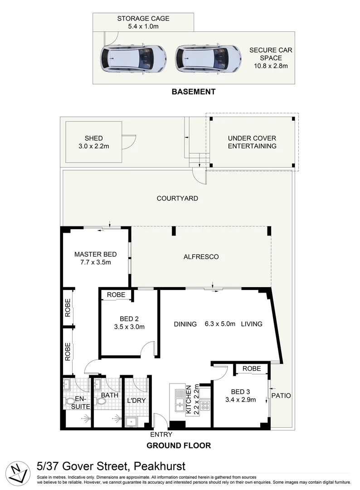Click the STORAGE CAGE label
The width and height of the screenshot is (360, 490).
[143, 19]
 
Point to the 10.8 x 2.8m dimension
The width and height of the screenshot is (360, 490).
[271, 66]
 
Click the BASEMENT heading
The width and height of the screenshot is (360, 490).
[193, 92]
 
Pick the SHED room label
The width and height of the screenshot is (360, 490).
[93, 138]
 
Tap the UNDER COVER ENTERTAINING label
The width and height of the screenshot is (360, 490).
[252, 142]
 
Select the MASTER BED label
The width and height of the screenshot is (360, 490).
[95, 254]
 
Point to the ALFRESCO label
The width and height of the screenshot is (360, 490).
[201, 257]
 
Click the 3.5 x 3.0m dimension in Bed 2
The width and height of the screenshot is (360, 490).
[129, 327]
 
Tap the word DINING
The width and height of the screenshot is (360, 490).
[185, 324]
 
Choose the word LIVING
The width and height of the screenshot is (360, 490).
[252, 324]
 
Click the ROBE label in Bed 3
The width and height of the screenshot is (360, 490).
[252, 369]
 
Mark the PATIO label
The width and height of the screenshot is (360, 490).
[281, 396]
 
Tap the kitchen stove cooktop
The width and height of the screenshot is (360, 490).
[205, 405]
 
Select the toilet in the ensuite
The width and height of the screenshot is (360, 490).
[70, 402]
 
